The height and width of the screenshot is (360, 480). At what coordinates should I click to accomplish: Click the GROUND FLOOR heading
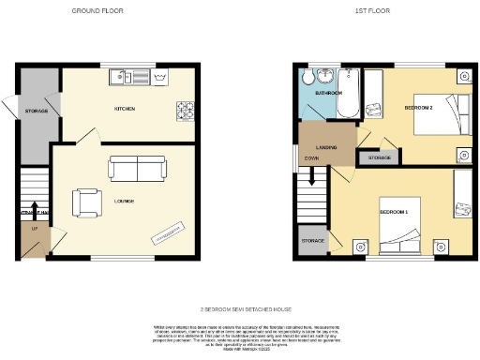[x=98, y=10]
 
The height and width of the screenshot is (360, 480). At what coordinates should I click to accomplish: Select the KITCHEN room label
[x=125, y=109]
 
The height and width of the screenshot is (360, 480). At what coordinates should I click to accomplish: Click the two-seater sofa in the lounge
[x=138, y=168]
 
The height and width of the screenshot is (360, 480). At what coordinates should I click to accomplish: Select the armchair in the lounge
[x=89, y=201]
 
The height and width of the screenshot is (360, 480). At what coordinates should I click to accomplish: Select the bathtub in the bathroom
[x=352, y=94]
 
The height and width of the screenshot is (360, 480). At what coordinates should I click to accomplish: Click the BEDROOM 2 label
[x=417, y=108]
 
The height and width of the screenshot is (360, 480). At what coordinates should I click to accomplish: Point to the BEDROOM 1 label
[x=393, y=213]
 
